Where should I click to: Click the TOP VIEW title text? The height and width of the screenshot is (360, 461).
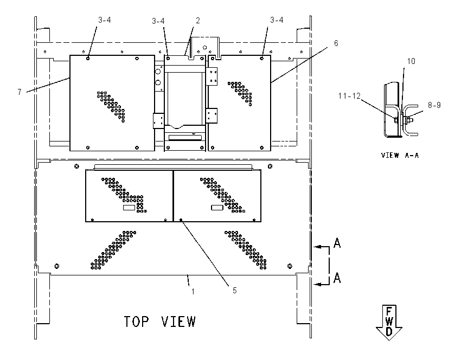click(159, 322)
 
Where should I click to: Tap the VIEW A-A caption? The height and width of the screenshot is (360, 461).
click(400, 155)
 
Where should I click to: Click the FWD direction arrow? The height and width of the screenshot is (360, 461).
click(389, 323)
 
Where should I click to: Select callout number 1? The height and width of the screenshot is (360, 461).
click(193, 292)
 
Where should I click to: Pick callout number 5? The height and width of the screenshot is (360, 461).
click(234, 291)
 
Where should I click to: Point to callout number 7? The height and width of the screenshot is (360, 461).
click(20, 92)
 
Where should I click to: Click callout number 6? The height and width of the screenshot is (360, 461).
click(336, 43)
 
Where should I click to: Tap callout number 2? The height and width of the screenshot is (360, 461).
click(197, 20)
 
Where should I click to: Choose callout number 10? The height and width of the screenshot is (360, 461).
click(411, 61)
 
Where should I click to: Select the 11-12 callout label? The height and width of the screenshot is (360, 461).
click(349, 96)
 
